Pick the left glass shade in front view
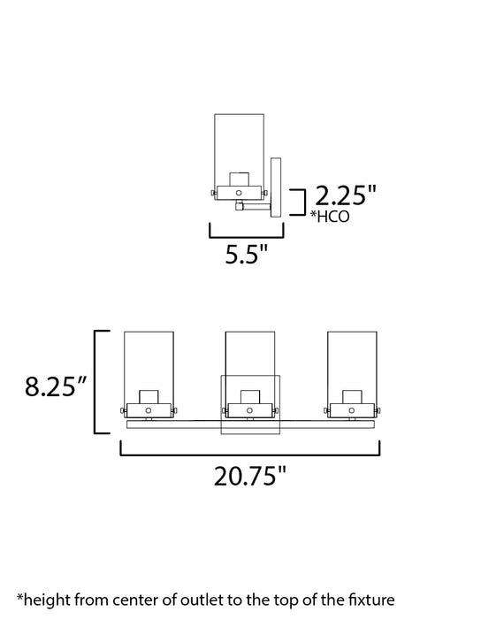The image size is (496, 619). [x=149, y=363]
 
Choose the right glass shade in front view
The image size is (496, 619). [x=351, y=363]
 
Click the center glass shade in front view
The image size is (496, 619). [x=250, y=354]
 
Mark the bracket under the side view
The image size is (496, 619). [x=245, y=234]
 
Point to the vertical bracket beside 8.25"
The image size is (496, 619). [x=98, y=380]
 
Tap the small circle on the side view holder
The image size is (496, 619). [x=240, y=190]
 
